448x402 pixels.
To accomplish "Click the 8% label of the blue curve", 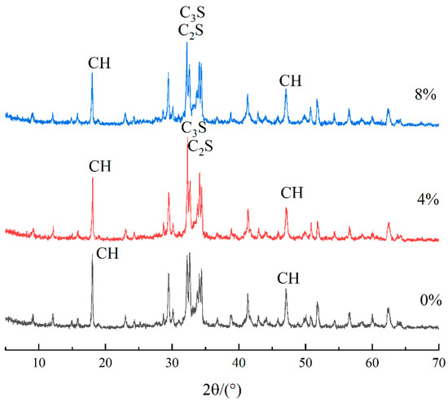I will pyautogui.click(x=424, y=94).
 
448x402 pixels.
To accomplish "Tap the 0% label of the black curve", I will pyautogui.click(x=424, y=300).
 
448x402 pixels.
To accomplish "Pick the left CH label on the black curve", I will pyautogui.click(x=108, y=253).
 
